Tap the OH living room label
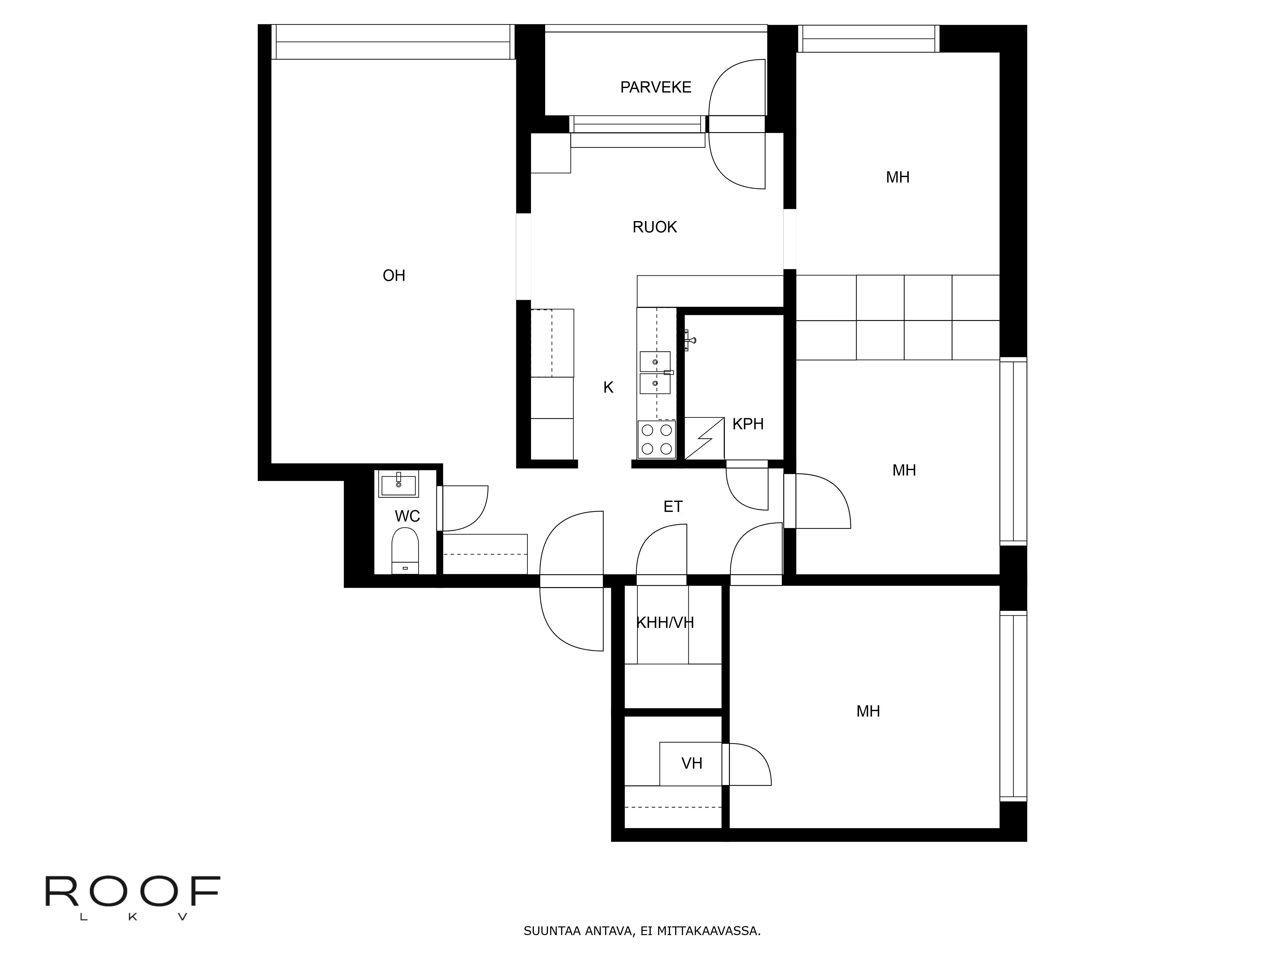pyautogui.click(x=394, y=275)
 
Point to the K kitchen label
pyautogui.click(x=608, y=388)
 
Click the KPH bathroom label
pyautogui.click(x=748, y=424)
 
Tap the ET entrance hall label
pyautogui.click(x=673, y=507)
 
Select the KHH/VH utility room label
pyautogui.click(x=665, y=623)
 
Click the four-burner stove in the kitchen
pyautogui.click(x=656, y=439)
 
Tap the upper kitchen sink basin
pyautogui.click(x=655, y=362)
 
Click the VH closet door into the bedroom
pyautogui.click(x=749, y=764)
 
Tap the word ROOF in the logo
pyautogui.click(x=132, y=891)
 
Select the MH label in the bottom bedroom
pyautogui.click(x=868, y=711)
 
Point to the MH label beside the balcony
pyautogui.click(x=898, y=178)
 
